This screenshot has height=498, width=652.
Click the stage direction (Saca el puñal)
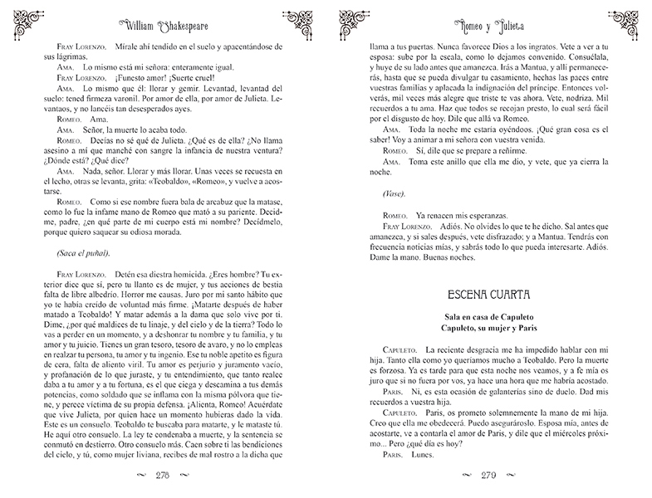[74, 253]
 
